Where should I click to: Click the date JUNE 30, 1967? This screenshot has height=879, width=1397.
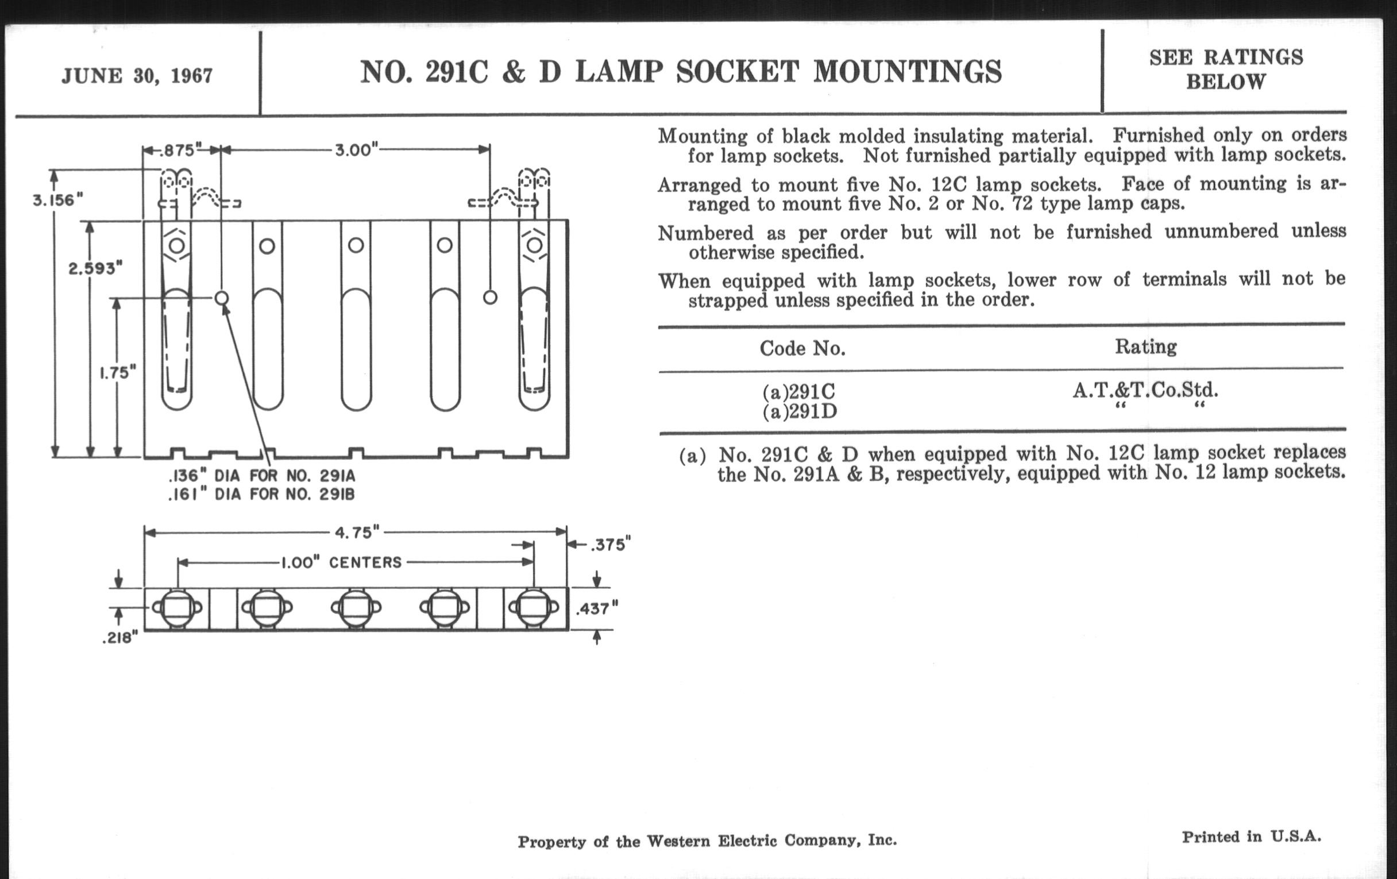(x=137, y=76)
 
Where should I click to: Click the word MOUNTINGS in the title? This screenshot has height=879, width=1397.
(x=908, y=72)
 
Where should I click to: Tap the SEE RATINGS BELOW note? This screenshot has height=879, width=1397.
(x=1226, y=69)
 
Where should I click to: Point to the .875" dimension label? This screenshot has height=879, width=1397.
(x=178, y=151)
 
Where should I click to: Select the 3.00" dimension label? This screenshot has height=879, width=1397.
(x=356, y=151)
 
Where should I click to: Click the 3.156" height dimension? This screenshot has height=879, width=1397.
(x=57, y=201)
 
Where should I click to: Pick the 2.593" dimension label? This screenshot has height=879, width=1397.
(x=95, y=269)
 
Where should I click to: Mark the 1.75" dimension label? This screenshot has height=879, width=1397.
(x=118, y=372)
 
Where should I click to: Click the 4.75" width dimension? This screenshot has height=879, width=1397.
(x=357, y=533)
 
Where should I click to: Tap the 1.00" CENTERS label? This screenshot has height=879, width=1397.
(x=341, y=563)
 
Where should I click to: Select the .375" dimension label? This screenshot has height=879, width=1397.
(x=610, y=545)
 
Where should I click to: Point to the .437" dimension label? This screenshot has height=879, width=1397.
(x=597, y=608)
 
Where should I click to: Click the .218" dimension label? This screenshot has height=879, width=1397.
(x=120, y=638)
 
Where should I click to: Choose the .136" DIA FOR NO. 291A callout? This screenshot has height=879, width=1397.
(x=261, y=476)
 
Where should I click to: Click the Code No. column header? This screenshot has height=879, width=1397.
(x=802, y=348)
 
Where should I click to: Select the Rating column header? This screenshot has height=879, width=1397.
(x=1145, y=346)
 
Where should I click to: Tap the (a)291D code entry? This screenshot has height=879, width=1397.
(x=800, y=411)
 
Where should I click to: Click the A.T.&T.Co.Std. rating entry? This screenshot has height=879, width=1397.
(x=1145, y=390)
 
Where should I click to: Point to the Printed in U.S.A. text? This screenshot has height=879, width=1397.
(x=1251, y=836)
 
